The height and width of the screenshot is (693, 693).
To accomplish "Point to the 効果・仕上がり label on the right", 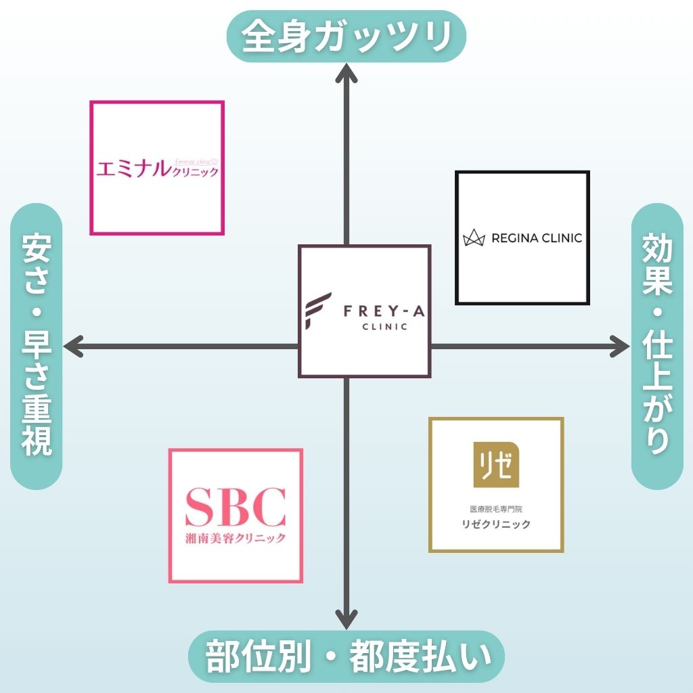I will [x=656, y=346].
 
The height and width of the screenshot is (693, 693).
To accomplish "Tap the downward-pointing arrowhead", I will [x=346, y=619].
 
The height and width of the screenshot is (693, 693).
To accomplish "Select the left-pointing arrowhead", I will [x=73, y=346].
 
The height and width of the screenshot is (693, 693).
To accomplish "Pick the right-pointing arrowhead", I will [x=619, y=346].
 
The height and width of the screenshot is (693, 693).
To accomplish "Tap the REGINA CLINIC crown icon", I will [x=475, y=238].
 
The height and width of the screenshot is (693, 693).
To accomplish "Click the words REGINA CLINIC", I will [x=537, y=238].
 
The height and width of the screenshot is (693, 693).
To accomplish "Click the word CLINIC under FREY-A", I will [x=385, y=328].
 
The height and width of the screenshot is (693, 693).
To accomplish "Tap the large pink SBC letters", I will [x=235, y=508].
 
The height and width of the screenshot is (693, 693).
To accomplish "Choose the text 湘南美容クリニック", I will [x=235, y=538].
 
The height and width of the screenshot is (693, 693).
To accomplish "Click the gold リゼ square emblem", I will [x=496, y=464].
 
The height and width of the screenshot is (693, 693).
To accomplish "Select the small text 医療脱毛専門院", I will [x=496, y=508].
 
